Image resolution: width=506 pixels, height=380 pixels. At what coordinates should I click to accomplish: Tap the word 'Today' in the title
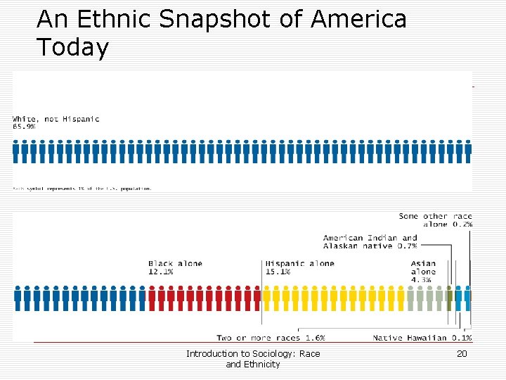click(x=73, y=48)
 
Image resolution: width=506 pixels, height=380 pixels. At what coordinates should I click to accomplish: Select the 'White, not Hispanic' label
click(x=56, y=119)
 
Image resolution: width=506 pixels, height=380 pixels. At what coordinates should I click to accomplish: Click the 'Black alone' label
click(x=175, y=264)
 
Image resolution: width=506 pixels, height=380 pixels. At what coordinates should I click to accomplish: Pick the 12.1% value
click(x=160, y=272)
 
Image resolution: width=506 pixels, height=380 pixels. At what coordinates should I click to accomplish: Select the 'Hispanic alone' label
click(x=300, y=264)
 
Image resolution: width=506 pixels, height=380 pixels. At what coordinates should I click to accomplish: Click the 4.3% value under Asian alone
click(x=422, y=279)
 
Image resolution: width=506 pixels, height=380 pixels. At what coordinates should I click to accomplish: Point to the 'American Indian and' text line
click(x=370, y=238)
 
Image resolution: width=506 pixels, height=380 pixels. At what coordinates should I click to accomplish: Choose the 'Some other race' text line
click(x=436, y=216)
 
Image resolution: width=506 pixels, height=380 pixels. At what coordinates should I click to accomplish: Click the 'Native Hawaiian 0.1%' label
click(x=422, y=338)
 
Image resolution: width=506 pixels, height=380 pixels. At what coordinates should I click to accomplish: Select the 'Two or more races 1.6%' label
click(x=271, y=338)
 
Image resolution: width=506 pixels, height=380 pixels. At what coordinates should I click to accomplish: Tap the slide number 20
click(x=462, y=354)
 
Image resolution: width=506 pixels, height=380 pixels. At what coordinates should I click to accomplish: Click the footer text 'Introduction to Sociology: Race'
click(x=253, y=354)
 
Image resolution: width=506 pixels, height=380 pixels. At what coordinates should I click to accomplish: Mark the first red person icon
click(x=153, y=298)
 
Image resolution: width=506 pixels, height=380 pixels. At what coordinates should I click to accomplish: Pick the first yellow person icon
click(x=267, y=298)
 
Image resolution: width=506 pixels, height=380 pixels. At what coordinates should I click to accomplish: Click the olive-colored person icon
click(x=449, y=298)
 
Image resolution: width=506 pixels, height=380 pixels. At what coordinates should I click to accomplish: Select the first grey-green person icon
click(x=411, y=298)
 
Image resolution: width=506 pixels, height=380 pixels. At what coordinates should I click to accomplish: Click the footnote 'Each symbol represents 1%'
click(x=82, y=189)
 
